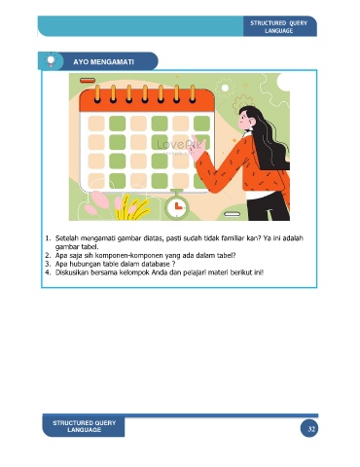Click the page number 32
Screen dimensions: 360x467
coord(311,429)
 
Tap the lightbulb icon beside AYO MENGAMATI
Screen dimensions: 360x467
coord(51,61)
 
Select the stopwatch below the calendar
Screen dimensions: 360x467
coord(177,204)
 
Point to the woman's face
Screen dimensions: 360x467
coord(244,121)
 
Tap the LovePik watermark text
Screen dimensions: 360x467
coord(180,145)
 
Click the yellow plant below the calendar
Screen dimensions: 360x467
coord(133,207)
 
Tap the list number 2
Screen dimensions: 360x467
coord(48,255)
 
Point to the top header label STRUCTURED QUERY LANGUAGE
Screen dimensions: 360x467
coord(278,27)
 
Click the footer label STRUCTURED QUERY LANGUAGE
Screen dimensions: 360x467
coord(85,426)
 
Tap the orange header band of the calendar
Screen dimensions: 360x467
coord(147,100)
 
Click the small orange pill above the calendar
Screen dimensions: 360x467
coord(88,81)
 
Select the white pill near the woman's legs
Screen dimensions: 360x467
coord(233,214)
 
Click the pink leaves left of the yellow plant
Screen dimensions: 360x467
coord(97,202)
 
